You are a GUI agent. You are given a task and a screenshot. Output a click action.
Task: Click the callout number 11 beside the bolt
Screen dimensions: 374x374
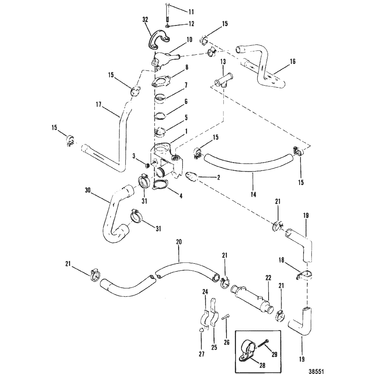191,12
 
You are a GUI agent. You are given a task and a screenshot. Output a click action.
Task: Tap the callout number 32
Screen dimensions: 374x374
145,20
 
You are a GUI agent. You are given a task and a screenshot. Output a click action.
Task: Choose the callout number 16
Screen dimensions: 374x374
293,62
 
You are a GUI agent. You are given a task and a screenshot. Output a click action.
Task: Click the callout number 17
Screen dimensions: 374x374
99,104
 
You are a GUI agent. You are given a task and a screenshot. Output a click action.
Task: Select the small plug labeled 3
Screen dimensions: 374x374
148,165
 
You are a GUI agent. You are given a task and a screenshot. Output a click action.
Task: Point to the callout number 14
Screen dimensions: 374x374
253,194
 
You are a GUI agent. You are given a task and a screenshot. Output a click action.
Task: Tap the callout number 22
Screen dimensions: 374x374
268,278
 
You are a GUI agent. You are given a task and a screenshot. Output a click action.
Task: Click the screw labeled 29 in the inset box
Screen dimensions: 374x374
262,346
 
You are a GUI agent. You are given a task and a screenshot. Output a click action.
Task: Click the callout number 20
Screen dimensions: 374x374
178,242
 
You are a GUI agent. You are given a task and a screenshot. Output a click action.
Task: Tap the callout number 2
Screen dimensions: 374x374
218,177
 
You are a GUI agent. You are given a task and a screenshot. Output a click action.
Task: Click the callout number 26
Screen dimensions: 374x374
226,342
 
